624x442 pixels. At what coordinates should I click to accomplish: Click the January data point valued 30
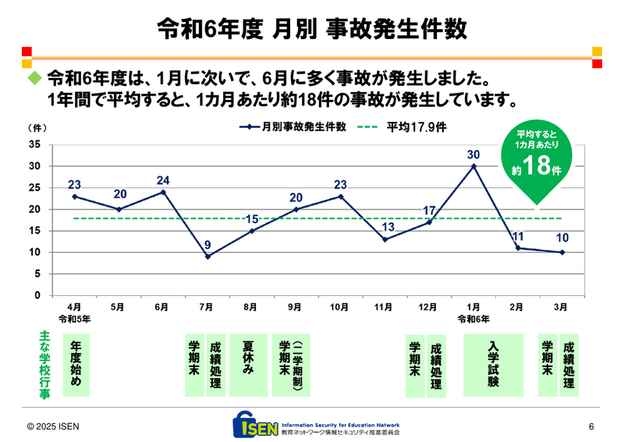[473, 166]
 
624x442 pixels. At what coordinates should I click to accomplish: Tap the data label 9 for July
[207, 245]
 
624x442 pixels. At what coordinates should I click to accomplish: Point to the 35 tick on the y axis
[35, 144]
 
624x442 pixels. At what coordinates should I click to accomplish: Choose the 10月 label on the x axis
[340, 308]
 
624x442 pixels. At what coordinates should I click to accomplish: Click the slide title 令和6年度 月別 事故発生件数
[312, 29]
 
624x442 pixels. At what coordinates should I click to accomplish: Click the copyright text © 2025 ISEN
[53, 426]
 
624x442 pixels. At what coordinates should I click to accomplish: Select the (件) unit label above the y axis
[37, 127]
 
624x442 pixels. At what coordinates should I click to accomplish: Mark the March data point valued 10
[562, 252]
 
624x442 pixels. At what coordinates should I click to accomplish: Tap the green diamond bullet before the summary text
[34, 79]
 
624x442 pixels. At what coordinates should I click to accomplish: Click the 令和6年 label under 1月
[473, 319]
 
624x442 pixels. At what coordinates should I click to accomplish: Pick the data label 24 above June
[163, 180]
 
